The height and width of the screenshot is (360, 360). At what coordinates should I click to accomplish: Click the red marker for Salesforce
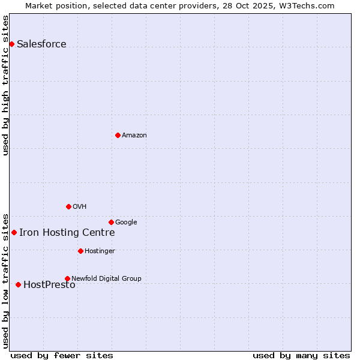(x=11, y=44)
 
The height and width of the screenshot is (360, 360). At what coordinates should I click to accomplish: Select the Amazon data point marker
(x=118, y=135)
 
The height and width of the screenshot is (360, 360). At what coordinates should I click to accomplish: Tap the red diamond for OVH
(x=68, y=206)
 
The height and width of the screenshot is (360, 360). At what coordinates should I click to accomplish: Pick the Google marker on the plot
(x=111, y=222)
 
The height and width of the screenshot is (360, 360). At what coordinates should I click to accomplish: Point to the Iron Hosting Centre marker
(x=14, y=232)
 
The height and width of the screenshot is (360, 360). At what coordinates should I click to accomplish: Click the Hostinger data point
(x=80, y=251)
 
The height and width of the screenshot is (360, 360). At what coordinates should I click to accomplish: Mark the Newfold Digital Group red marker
(x=67, y=278)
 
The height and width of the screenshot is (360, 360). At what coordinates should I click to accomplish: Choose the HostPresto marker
(x=18, y=284)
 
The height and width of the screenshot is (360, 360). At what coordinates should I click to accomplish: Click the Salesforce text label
(x=41, y=44)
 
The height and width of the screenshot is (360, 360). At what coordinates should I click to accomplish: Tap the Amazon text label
(x=134, y=135)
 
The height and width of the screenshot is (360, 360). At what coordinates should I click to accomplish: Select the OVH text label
(x=79, y=206)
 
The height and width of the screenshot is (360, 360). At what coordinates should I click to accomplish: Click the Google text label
(x=126, y=222)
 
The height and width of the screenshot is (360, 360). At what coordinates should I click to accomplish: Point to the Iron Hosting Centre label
(x=67, y=232)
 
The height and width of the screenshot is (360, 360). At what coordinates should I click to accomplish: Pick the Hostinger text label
(x=100, y=251)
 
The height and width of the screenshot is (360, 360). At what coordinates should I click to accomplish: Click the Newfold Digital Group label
(x=106, y=278)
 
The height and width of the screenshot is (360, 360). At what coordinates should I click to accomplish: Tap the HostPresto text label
(x=49, y=285)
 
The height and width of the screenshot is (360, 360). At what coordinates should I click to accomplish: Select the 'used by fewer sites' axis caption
(x=62, y=355)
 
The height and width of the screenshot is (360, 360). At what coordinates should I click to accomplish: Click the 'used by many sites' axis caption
(x=301, y=355)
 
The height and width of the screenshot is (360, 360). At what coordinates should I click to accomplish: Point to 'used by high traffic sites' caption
(x=5, y=85)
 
